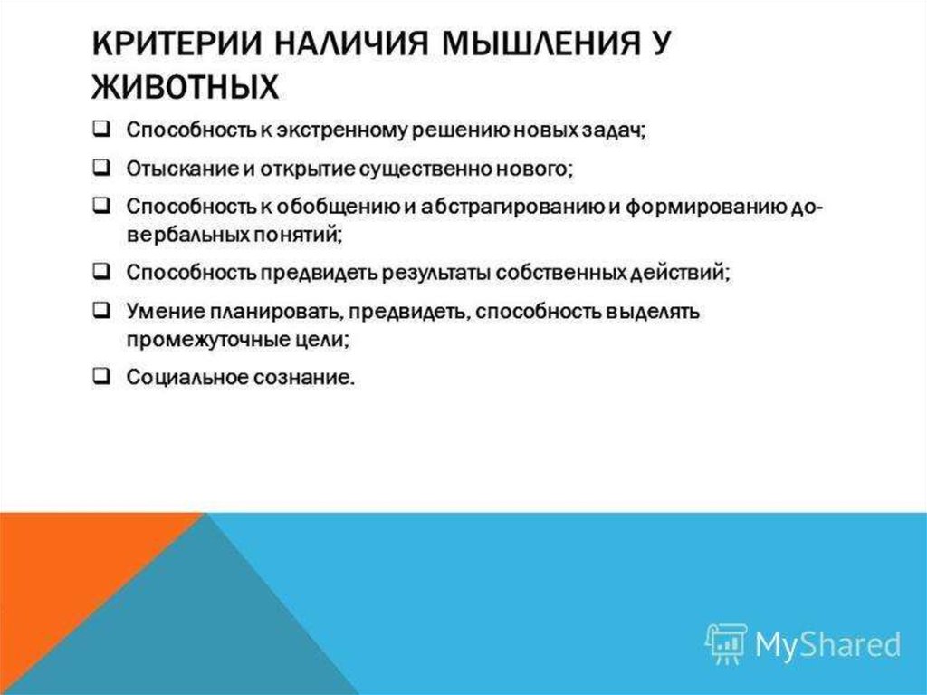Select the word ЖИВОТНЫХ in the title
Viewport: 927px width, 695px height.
(185, 86)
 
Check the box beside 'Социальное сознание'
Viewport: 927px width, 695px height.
(101, 376)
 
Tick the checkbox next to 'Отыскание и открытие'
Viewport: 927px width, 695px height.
(101, 168)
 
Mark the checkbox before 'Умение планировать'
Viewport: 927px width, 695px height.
(101, 310)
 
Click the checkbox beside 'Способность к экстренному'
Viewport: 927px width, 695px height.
(101, 129)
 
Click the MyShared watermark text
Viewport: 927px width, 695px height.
(827, 644)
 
